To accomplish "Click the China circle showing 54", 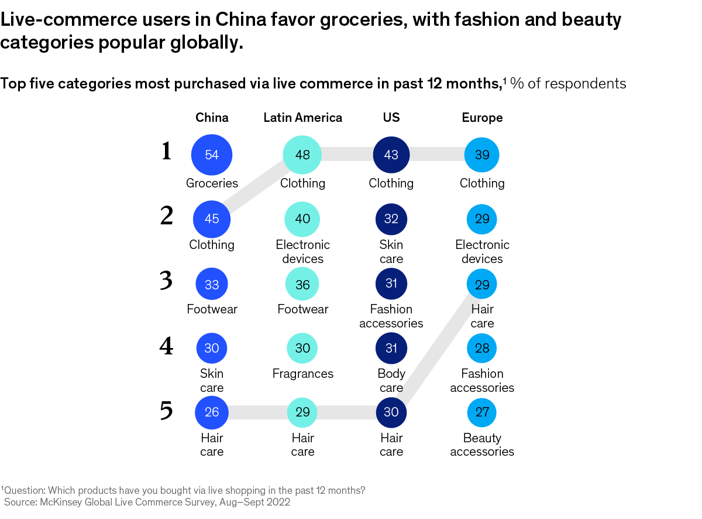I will coord(212,155).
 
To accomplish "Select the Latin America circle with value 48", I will coord(302,155).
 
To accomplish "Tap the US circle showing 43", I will coord(391,155).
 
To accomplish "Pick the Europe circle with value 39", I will coord(482,155).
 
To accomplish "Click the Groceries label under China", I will coord(212,183).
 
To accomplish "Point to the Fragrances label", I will coord(302,374).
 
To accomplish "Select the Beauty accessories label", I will coord(482,445).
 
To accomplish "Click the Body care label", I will coord(391,381).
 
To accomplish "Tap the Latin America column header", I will coord(302,118).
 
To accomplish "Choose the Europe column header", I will coord(482,118).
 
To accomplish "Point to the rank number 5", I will coord(167,411).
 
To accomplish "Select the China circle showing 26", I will coord(212,412).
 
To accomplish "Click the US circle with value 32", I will coord(391,219).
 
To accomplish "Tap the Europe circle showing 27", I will coord(482,412).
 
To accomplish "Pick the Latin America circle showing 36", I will coord(302,284).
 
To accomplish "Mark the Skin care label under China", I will coord(212,381).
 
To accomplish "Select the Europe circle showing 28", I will coord(482,349).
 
